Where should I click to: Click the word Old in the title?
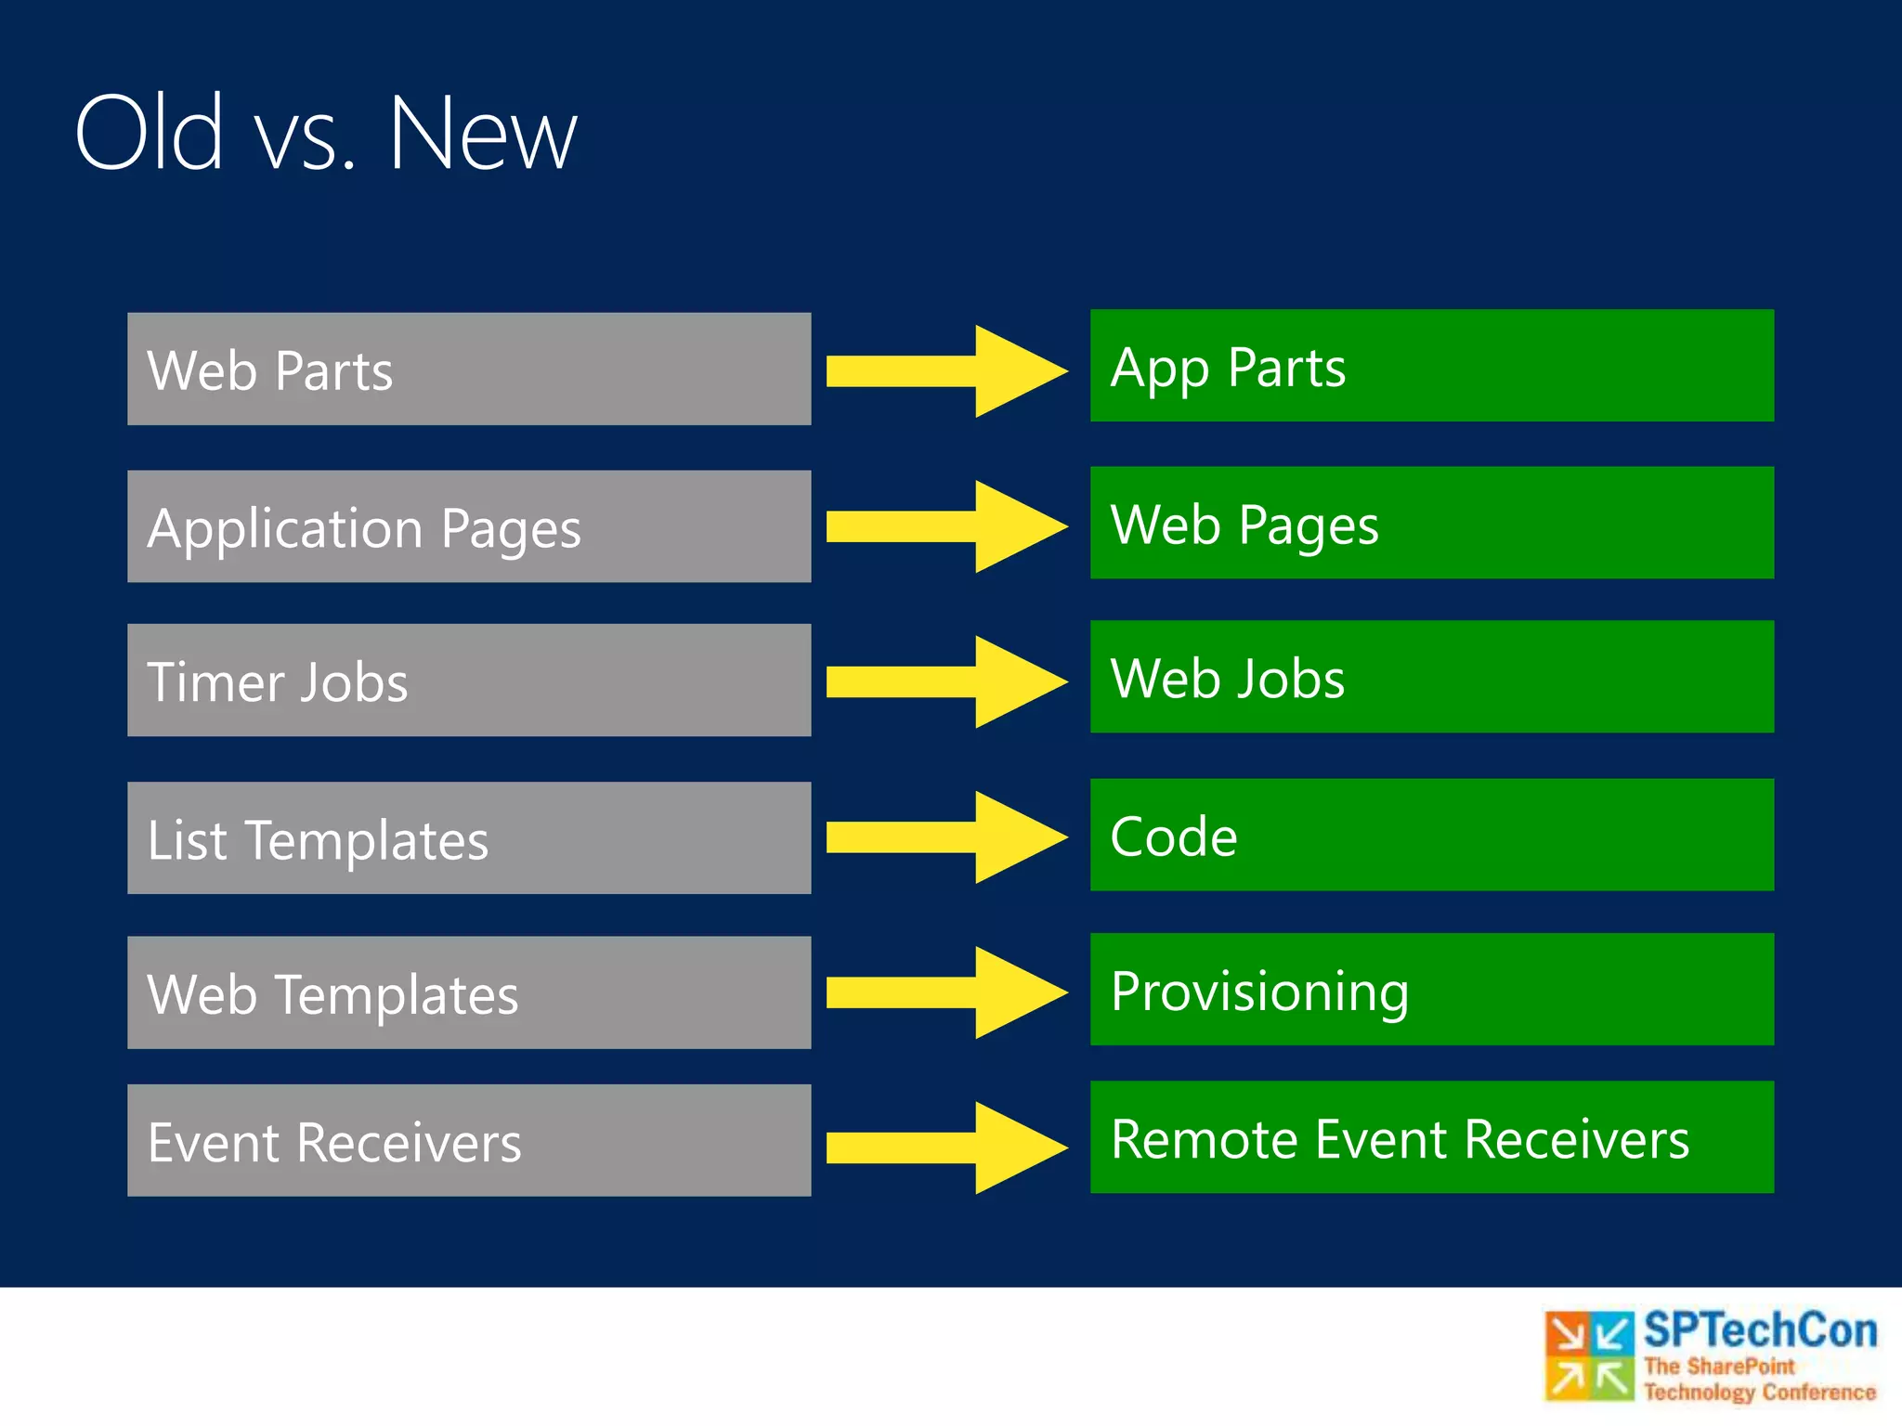(x=149, y=133)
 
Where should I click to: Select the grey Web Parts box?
(x=469, y=369)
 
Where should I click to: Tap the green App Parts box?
(x=1431, y=365)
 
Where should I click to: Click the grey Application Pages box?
(x=469, y=526)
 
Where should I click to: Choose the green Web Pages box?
(x=1431, y=523)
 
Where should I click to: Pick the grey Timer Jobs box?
(x=469, y=680)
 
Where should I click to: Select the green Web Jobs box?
(x=1431, y=676)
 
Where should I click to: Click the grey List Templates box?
(x=469, y=837)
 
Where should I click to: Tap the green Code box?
(x=1431, y=835)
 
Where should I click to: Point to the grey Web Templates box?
(x=469, y=992)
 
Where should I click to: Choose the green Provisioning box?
(x=1431, y=989)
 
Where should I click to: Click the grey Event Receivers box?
(x=469, y=1140)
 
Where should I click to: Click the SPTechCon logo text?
(x=1759, y=1330)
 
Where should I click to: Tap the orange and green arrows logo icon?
(x=1589, y=1355)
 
